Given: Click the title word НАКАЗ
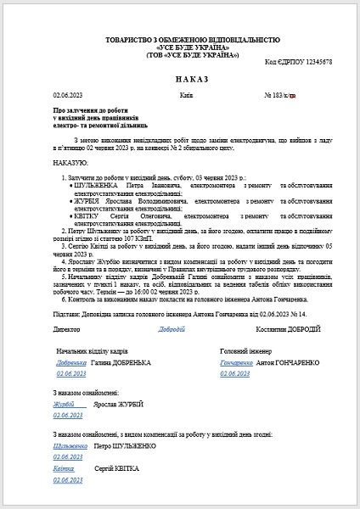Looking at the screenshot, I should point(179,79).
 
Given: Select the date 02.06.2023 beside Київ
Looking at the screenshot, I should point(65,95).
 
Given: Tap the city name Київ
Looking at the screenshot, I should point(187,95).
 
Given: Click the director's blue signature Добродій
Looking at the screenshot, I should point(172,328).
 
